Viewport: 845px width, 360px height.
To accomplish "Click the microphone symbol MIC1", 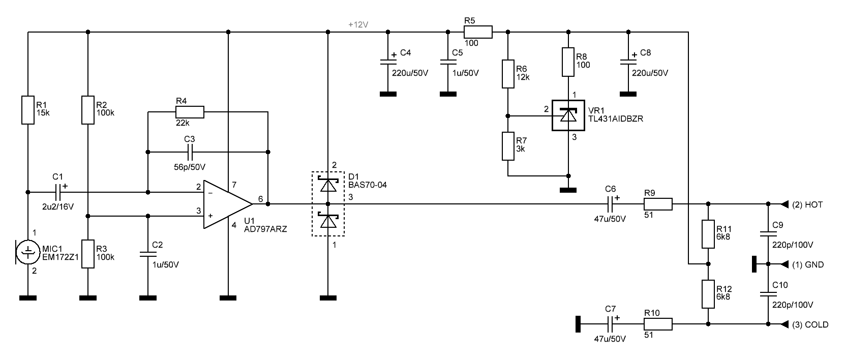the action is tap(27, 252).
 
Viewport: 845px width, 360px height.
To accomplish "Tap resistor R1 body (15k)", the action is tap(28, 110).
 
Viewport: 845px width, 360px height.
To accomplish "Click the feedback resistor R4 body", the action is tap(190, 112).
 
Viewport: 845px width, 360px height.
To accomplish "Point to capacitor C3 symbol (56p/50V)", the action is tap(190, 152).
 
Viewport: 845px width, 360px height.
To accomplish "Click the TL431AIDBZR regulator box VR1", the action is tap(568, 115).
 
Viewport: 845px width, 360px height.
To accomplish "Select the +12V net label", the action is tap(358, 25).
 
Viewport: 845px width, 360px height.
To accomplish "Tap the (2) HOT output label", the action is tap(807, 204).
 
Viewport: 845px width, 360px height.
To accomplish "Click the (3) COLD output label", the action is tap(810, 324).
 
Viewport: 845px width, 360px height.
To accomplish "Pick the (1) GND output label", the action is tap(808, 264).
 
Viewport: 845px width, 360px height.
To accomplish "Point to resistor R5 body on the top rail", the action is tap(478, 32).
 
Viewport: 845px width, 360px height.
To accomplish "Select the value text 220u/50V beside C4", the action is tap(410, 73).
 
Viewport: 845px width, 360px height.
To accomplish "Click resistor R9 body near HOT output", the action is tap(658, 204).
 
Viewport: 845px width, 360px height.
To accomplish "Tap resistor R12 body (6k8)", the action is tap(708, 294).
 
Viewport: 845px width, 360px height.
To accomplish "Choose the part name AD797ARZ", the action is tap(265, 229).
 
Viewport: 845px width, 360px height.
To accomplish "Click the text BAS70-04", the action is tap(368, 185).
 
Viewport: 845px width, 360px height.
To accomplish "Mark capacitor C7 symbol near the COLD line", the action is tap(610, 324).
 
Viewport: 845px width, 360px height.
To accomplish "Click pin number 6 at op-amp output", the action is tap(260, 199).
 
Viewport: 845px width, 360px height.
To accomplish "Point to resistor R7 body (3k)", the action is tap(508, 146).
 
